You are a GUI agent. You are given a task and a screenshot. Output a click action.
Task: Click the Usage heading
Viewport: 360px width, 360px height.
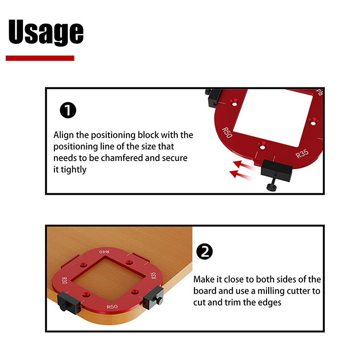click(x=46, y=32)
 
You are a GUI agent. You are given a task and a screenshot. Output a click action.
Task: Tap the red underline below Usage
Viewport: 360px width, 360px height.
click(x=40, y=58)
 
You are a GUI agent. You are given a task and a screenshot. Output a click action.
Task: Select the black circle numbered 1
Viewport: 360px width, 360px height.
click(x=68, y=110)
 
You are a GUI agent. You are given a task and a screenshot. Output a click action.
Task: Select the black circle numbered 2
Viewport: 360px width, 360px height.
click(x=205, y=252)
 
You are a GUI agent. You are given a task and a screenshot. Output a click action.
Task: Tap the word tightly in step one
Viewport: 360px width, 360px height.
click(x=73, y=170)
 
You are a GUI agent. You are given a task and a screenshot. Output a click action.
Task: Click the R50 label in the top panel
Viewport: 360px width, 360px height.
click(x=227, y=133)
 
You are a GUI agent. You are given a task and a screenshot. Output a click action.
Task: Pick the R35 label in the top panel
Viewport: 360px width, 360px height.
click(x=302, y=154)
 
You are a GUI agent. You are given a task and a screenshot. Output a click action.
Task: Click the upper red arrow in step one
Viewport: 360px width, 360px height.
click(x=243, y=165)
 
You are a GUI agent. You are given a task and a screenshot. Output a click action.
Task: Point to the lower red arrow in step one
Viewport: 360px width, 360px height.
click(x=241, y=175)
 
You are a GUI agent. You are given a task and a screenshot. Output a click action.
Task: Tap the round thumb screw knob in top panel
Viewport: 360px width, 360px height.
click(x=272, y=186)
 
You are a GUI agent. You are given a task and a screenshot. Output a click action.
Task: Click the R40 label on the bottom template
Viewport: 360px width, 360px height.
click(x=104, y=252)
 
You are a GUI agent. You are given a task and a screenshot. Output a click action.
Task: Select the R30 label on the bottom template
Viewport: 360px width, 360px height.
click(x=64, y=280)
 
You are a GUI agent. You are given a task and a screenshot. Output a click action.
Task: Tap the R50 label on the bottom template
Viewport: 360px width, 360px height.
click(x=112, y=307)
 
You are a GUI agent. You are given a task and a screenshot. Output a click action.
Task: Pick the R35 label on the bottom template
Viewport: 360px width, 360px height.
click(x=153, y=275)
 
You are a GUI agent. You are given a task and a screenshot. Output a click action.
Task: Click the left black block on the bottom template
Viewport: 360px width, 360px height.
click(x=69, y=303)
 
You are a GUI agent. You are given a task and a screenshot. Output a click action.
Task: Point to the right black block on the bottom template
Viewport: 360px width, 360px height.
click(x=153, y=298)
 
